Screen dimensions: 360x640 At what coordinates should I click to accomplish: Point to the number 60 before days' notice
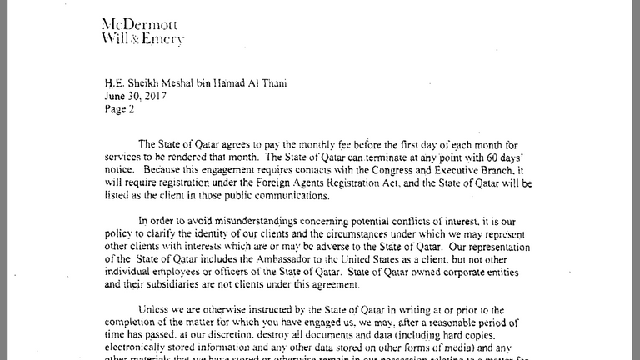501,157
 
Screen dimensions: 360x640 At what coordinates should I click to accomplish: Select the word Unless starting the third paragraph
157,309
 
